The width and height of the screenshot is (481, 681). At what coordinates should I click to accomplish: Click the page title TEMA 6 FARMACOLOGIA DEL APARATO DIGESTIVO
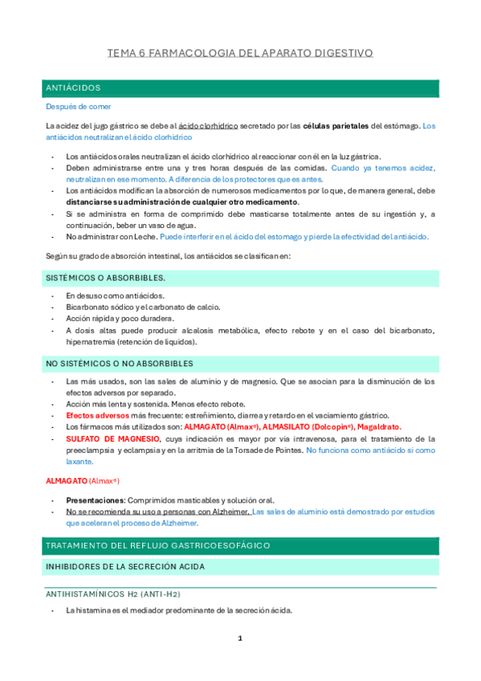(x=240, y=53)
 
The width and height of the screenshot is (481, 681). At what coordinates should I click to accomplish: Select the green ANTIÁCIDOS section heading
(x=74, y=88)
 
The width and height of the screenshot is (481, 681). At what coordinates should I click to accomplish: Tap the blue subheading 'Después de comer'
(x=79, y=106)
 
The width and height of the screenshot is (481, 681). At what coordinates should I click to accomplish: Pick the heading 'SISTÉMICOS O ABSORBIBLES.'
(x=106, y=278)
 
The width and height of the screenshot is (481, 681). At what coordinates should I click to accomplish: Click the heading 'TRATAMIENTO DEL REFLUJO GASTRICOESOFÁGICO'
(x=158, y=545)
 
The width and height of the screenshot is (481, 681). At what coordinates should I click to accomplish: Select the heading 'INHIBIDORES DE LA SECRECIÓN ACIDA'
(x=125, y=567)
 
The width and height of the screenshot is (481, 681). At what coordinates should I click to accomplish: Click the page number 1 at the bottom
(x=239, y=638)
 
